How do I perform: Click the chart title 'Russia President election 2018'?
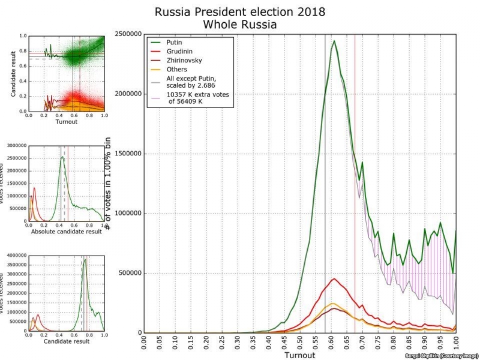239,12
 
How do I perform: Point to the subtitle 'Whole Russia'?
239,25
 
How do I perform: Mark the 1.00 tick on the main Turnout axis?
456,346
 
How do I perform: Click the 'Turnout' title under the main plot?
300,356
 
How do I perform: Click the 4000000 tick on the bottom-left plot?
16,256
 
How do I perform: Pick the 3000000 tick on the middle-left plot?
16,146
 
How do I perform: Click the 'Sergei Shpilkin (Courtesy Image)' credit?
441,356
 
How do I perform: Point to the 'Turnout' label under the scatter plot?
66,122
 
